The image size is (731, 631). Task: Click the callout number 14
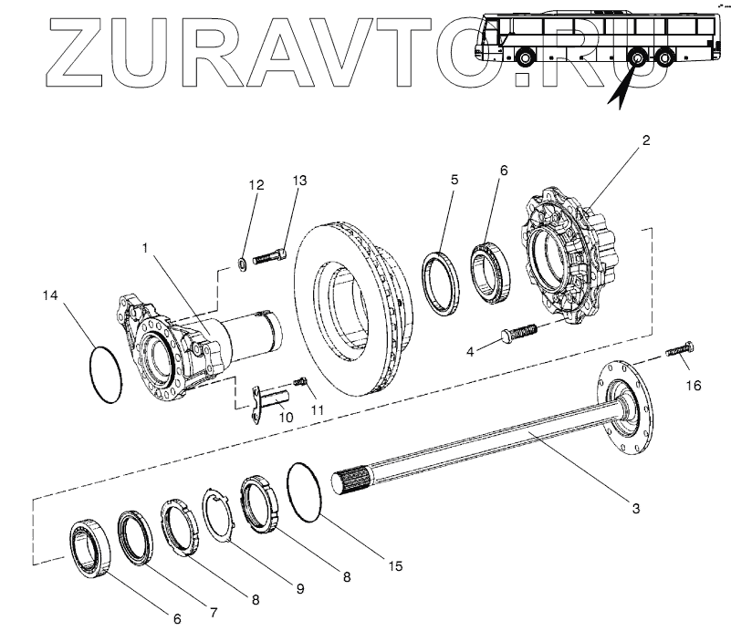[x=52, y=295]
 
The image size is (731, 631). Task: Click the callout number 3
[x=638, y=507]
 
